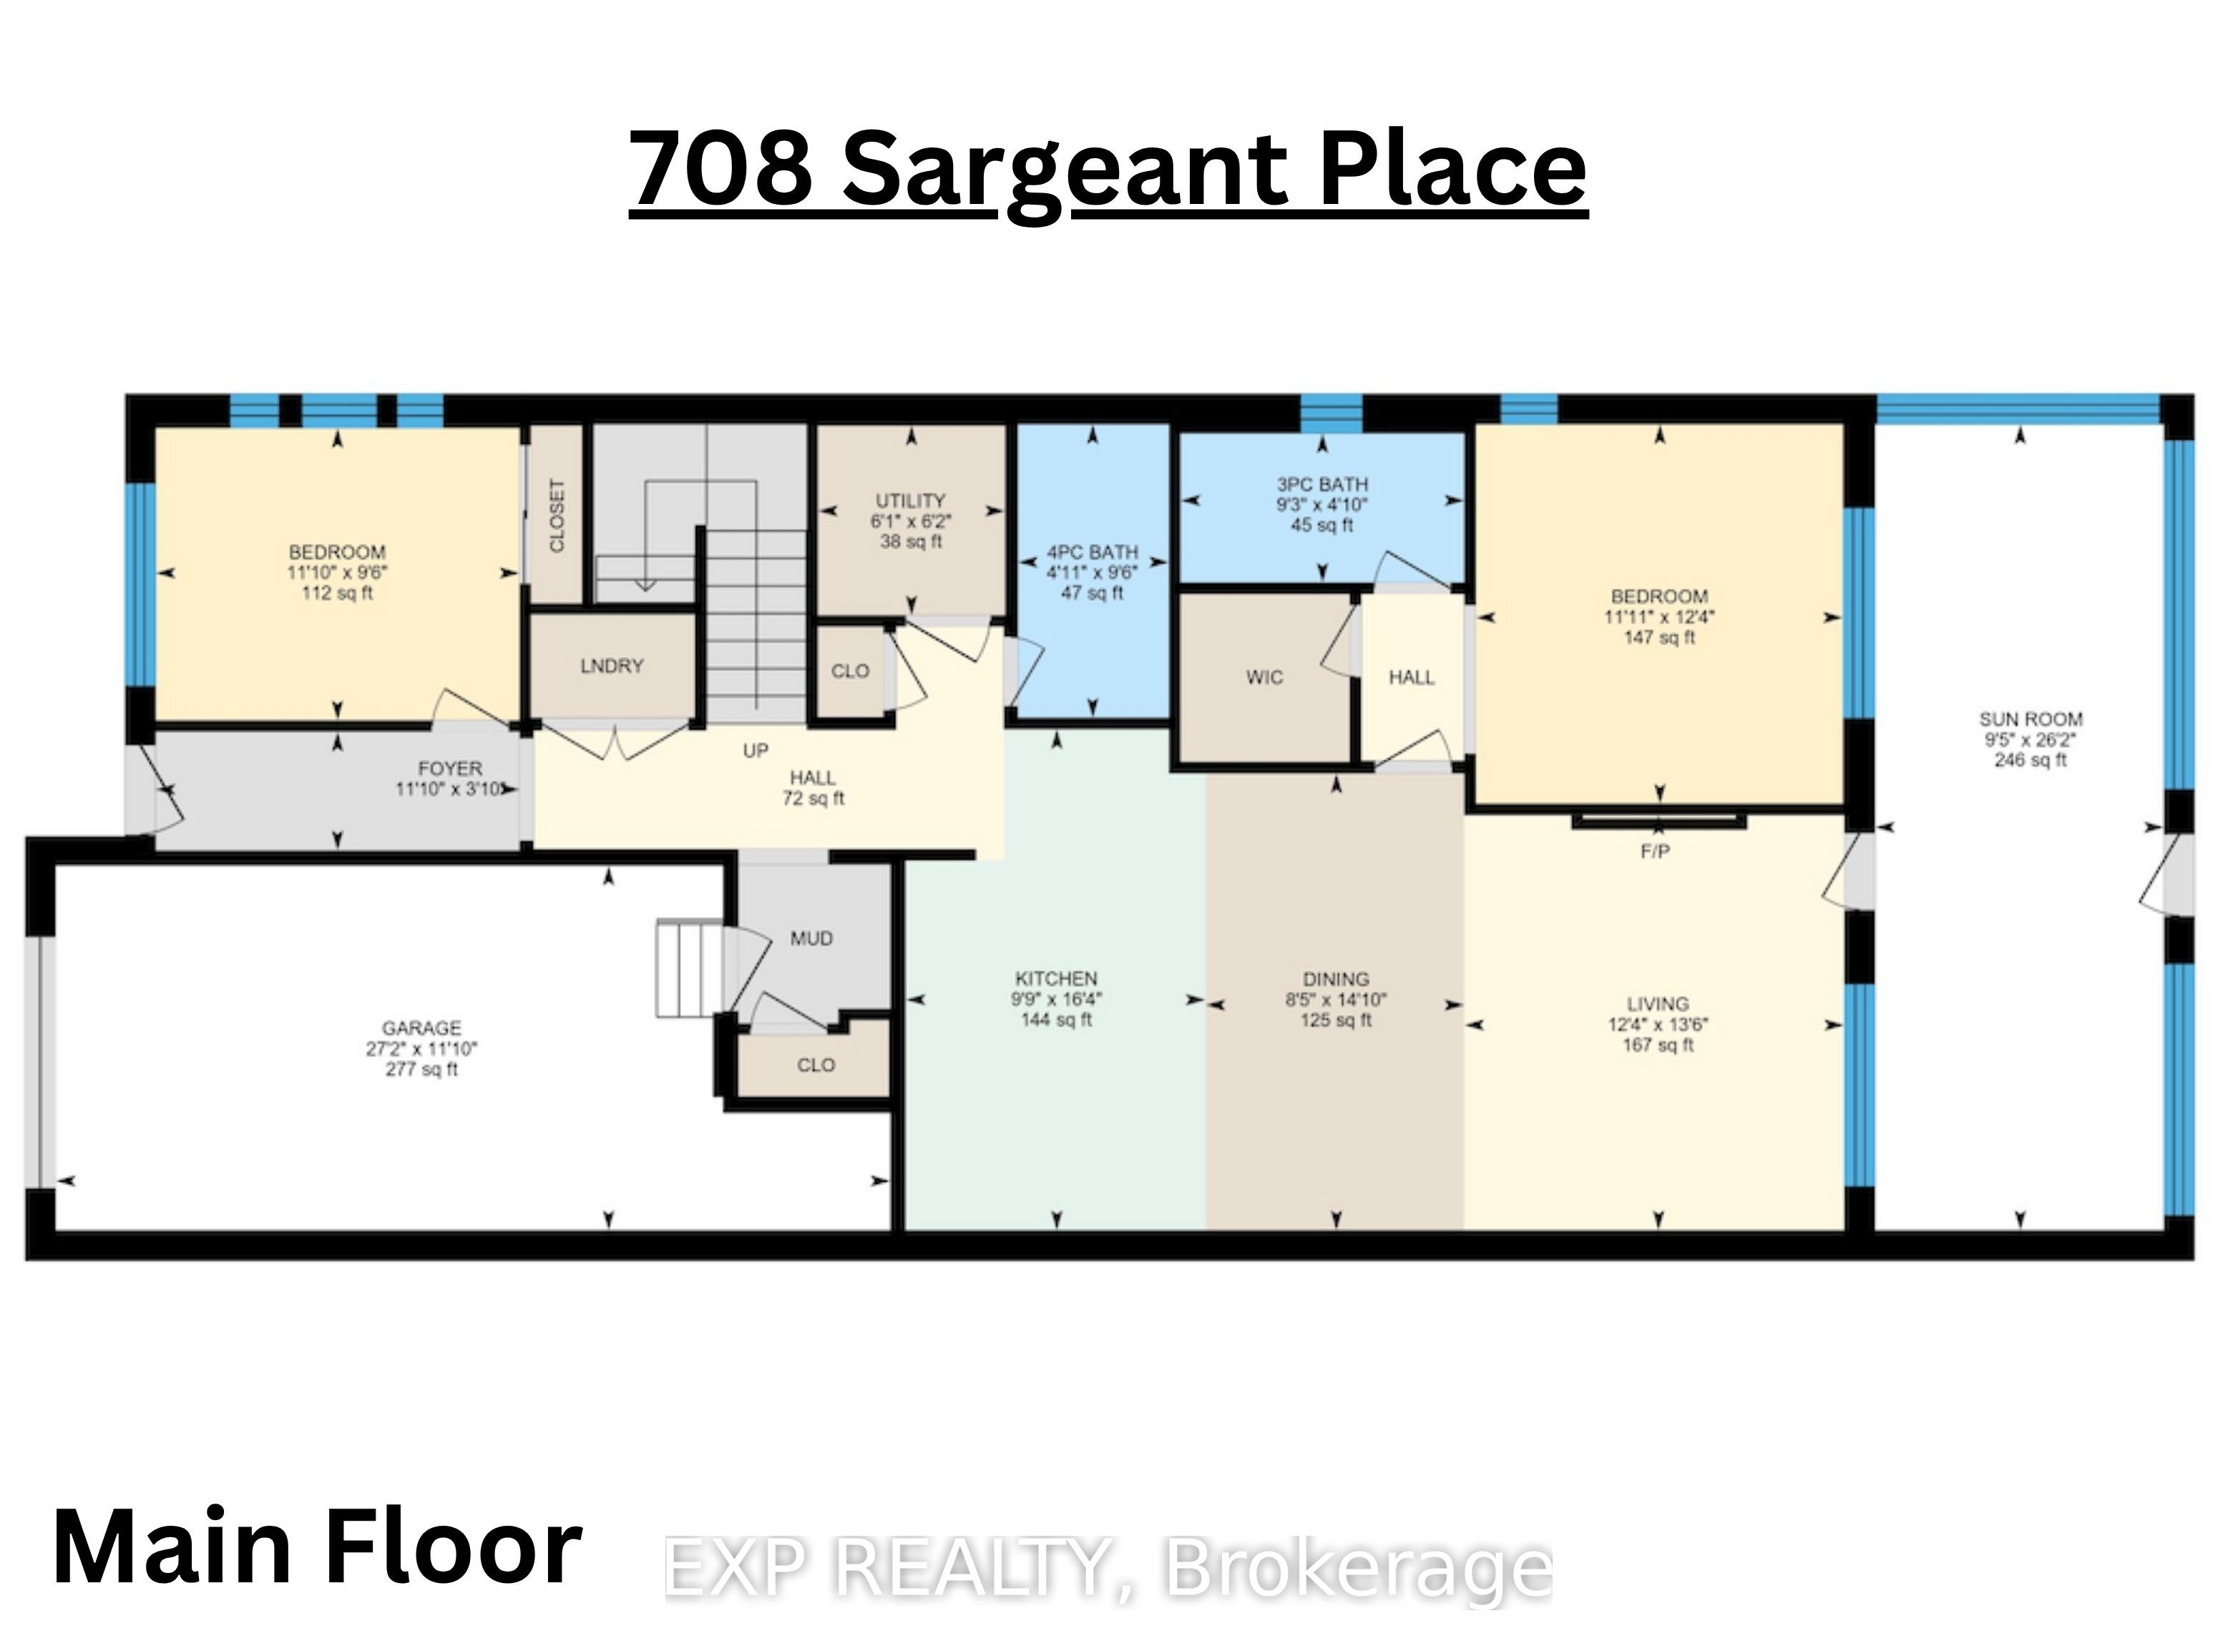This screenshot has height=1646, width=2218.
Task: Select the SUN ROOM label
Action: [2031, 719]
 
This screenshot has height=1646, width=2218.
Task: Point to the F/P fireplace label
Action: [1656, 852]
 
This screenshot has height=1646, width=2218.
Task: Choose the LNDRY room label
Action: [612, 666]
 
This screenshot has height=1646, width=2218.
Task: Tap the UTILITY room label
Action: [910, 500]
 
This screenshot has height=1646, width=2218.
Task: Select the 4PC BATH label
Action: [1093, 552]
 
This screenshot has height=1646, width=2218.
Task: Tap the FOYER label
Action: [450, 768]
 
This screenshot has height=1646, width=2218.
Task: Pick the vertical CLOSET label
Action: [557, 515]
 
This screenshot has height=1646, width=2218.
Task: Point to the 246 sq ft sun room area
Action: [2031, 760]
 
